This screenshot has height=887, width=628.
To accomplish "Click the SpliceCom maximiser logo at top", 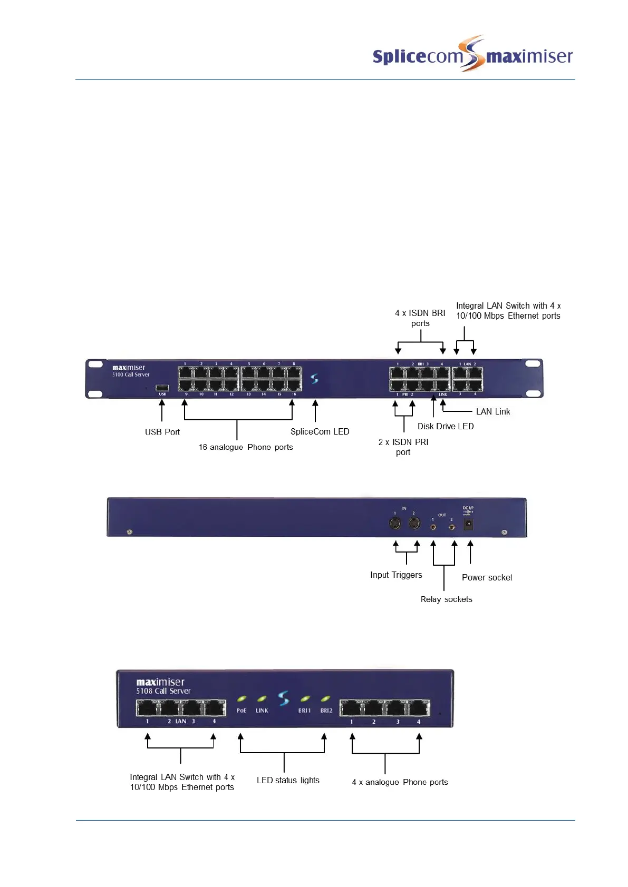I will tap(472, 54).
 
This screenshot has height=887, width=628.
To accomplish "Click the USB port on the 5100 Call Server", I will tap(162, 388).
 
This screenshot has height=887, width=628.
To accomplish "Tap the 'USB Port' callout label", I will tap(162, 432).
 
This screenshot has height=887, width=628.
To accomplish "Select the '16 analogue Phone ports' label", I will tap(246, 447).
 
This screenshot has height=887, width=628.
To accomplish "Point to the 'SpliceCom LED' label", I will tap(320, 431).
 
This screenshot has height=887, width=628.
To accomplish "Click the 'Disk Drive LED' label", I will tap(446, 426).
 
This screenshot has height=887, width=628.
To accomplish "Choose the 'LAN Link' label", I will tap(493, 411).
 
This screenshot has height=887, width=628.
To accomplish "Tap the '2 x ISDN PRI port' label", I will tap(403, 447).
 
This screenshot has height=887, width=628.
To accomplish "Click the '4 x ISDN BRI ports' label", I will tap(420, 318).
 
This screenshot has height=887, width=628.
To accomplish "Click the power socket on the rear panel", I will tap(468, 524).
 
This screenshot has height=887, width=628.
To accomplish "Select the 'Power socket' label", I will tap(487, 577).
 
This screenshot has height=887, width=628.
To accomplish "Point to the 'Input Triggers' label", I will tap(396, 575).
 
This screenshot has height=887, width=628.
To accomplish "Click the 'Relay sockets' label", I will tap(446, 599).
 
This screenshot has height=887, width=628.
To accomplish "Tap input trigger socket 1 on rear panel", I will tap(395, 524).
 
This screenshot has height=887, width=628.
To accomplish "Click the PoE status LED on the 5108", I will tap(241, 699).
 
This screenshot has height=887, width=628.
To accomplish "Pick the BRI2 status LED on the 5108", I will tap(326, 699).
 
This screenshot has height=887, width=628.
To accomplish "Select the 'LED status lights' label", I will tap(288, 780).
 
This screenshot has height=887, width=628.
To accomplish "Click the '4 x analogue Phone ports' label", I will tap(400, 782).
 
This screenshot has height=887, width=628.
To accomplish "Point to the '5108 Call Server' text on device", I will tap(163, 691).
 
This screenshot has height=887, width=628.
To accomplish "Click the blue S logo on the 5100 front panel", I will tap(315, 379).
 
